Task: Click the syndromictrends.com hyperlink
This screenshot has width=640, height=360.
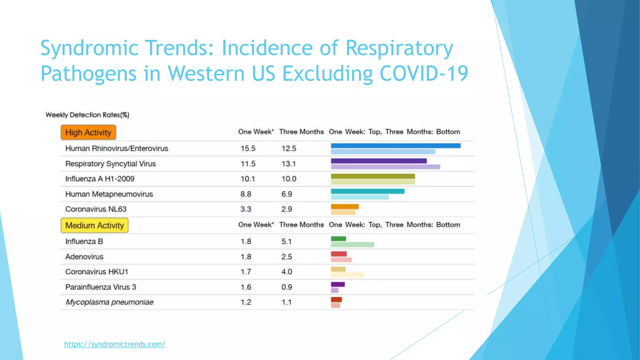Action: (x=115, y=344)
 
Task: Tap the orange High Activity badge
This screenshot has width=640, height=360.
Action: (x=88, y=132)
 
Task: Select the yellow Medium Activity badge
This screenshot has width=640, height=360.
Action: (x=94, y=225)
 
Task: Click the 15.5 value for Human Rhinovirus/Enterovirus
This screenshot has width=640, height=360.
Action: (x=248, y=148)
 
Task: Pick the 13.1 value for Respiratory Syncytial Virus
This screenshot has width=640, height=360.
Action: (x=288, y=164)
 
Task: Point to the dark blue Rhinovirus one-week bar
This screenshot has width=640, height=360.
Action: (x=396, y=146)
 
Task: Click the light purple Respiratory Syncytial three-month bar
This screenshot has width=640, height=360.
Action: (x=385, y=167)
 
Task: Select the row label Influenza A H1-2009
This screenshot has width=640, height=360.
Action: (x=100, y=179)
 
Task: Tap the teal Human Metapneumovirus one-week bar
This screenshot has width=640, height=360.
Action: (x=367, y=191)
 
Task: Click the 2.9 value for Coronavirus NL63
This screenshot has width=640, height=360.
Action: (x=287, y=209)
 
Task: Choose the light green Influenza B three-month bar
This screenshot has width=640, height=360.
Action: (x=352, y=244)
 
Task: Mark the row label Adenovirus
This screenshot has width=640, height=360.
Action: (x=84, y=257)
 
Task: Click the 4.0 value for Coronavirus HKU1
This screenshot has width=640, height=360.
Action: (x=287, y=272)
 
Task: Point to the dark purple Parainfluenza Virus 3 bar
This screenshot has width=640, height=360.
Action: (x=338, y=284)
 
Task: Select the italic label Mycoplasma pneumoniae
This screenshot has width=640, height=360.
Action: (x=109, y=302)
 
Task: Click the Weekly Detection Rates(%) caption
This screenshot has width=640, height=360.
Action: (x=87, y=115)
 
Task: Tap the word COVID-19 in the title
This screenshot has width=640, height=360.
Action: (x=424, y=74)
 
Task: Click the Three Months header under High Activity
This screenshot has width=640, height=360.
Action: (x=301, y=132)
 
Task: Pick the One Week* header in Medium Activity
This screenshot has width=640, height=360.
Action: (x=256, y=225)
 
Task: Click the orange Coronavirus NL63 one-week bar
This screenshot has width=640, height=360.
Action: (x=345, y=207)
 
